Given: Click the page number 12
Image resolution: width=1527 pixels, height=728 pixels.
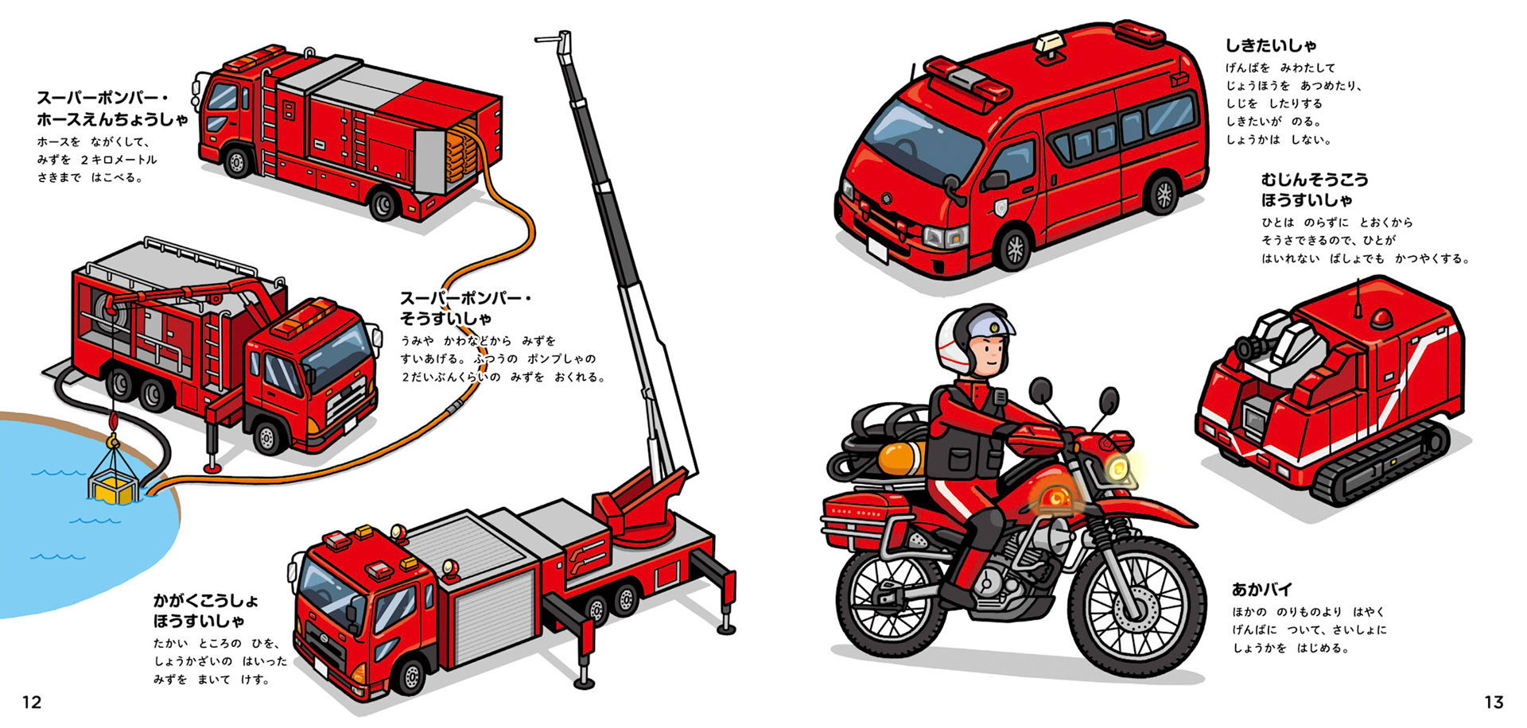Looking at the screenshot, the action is (x=31, y=702).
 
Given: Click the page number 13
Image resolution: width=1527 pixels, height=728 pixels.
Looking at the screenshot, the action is (x=1494, y=702).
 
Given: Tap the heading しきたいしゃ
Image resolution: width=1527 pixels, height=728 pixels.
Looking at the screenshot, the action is (x=1270, y=45).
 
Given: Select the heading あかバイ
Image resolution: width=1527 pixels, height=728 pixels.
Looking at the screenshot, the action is (x=1262, y=589).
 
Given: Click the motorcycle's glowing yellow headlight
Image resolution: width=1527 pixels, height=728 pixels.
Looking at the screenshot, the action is (x=1119, y=469).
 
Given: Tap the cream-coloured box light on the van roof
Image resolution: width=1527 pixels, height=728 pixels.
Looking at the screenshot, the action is (x=1049, y=45).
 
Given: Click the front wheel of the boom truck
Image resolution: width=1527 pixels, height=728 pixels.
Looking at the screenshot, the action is (x=410, y=676).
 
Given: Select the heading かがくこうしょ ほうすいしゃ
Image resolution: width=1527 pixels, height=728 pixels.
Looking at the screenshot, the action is (x=205, y=610).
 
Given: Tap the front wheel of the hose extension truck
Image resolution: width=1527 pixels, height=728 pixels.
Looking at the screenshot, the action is (x=236, y=163).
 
